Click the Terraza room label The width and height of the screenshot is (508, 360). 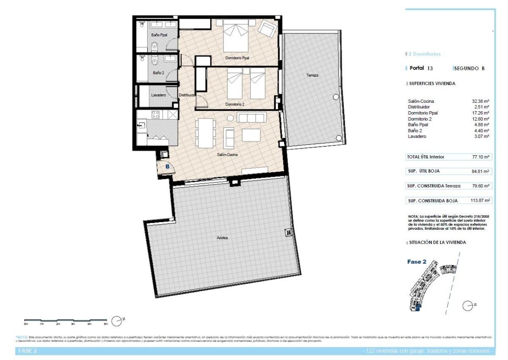(x=312, y=75)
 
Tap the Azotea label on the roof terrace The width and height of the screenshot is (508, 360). (x=222, y=238)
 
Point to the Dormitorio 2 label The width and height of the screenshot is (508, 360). (x=235, y=104)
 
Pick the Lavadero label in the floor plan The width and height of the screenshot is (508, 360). (x=158, y=95)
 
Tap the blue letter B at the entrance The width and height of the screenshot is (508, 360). (x=167, y=167)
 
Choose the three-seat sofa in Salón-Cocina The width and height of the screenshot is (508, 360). (x=251, y=118)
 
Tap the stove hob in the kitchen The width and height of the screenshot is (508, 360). (x=155, y=115)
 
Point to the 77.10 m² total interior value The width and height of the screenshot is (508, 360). (x=480, y=157)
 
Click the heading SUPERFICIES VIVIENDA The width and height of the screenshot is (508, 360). (x=431, y=84)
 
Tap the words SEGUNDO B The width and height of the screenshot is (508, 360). (x=469, y=68)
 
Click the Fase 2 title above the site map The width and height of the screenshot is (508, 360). (x=414, y=261)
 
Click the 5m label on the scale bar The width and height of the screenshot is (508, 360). (x=105, y=324)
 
